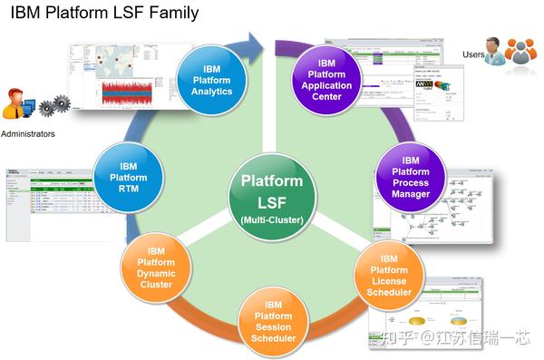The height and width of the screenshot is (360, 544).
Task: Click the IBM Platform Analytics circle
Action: (x=211, y=80)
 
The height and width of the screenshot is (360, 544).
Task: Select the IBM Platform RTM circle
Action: (x=128, y=178)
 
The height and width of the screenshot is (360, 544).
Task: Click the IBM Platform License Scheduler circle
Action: (x=390, y=273)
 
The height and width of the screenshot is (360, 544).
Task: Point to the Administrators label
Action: (x=28, y=134)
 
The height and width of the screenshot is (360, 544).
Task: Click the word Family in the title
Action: (x=171, y=14)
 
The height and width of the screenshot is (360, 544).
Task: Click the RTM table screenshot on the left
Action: (x=50, y=204)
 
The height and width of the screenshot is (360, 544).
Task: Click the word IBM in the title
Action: (x=26, y=14)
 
